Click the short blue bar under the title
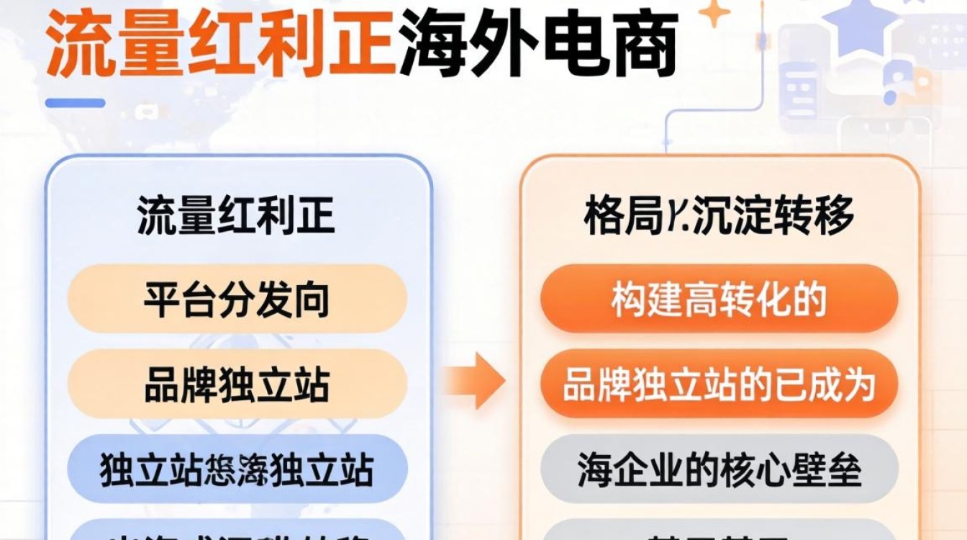pyautogui.click(x=75, y=103)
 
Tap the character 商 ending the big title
pyautogui.click(x=643, y=45)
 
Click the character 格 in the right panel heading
pyautogui.click(x=602, y=215)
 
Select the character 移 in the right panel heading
pyautogui.click(x=835, y=215)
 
